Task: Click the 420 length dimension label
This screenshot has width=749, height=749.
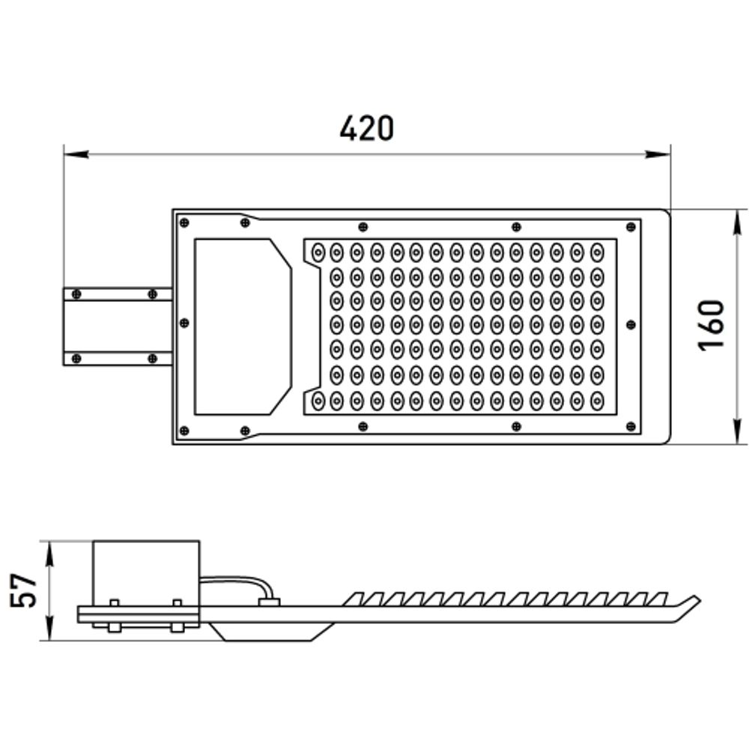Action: point(367,128)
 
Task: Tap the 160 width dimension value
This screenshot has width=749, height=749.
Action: point(711,326)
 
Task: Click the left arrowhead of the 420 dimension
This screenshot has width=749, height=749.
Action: point(76,154)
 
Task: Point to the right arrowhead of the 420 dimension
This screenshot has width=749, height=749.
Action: point(658,154)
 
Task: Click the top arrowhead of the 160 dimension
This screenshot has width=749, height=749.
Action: point(738,222)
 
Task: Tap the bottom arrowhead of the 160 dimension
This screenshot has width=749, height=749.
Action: point(738,431)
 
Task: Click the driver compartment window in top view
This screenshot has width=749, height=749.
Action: point(243,327)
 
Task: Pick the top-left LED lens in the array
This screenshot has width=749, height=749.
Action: point(318,252)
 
